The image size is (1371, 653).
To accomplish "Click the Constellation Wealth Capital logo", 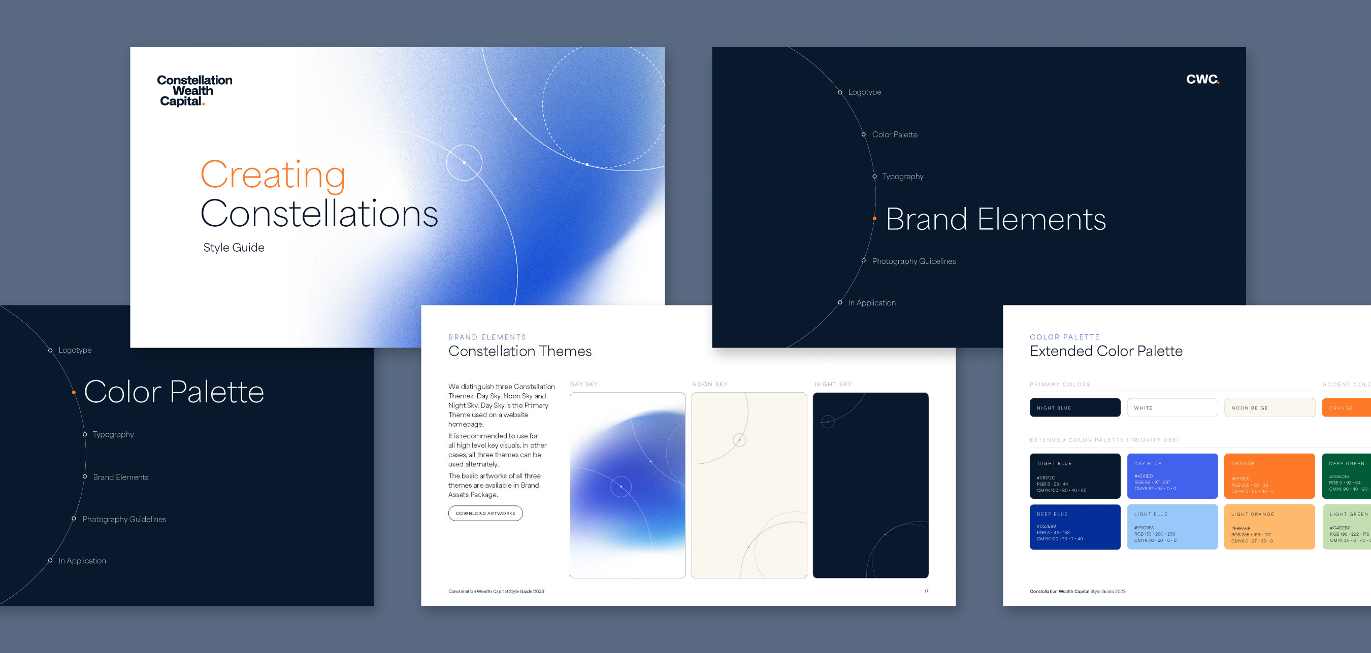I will [194, 90].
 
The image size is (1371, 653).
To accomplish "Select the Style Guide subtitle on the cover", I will [234, 247].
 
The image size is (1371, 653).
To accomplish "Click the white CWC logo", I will [1202, 79].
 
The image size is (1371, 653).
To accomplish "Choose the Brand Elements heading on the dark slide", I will [995, 219].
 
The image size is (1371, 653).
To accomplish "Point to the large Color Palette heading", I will [174, 392].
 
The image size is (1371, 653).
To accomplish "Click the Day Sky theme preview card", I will [627, 485].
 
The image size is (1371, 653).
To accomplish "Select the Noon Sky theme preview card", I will [749, 485].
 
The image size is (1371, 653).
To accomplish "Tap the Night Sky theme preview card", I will [870, 485].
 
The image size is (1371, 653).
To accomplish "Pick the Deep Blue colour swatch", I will [1074, 527].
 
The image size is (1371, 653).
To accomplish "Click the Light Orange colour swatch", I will [1269, 527].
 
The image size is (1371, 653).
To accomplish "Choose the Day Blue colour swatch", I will [1172, 476].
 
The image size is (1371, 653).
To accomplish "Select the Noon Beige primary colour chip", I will [1269, 408].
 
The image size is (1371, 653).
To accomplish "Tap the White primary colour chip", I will [1172, 408].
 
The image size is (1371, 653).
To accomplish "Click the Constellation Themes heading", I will [519, 351].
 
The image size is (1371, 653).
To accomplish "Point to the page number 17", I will [926, 591].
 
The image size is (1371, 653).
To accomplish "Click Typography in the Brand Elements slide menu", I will [903, 177].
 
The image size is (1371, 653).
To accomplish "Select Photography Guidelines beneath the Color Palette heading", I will [124, 519].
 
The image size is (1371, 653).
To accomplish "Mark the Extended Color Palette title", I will [1106, 351].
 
